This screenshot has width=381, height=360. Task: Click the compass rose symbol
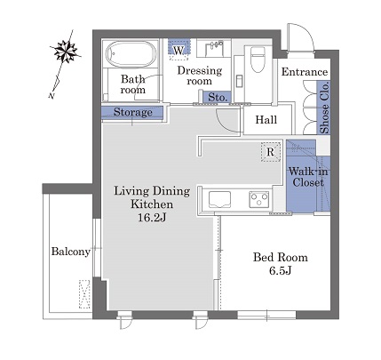pos(66,51)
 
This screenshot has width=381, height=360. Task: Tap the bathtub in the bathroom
pos(131,54)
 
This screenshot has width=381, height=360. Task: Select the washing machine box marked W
pos(179,49)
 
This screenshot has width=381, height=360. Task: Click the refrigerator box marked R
pos(271,152)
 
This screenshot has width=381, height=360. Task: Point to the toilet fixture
pos(258,60)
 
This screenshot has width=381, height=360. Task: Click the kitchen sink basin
pos(219,199)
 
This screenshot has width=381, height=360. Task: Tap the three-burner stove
pos(259,199)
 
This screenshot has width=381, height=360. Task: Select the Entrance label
pos(305,72)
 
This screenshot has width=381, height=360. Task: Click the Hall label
pos(266,120)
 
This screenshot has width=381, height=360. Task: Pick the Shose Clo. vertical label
pos(324,108)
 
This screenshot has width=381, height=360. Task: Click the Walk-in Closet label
pos(308,177)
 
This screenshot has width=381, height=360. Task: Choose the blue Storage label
pos(133,112)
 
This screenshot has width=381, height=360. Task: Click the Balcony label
pos(70,252)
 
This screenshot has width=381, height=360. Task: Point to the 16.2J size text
pos(152,218)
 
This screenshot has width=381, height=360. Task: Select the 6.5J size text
pos(280,270)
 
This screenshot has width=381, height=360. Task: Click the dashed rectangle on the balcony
pos(84,294)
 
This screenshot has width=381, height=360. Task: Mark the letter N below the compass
pos(52,95)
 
